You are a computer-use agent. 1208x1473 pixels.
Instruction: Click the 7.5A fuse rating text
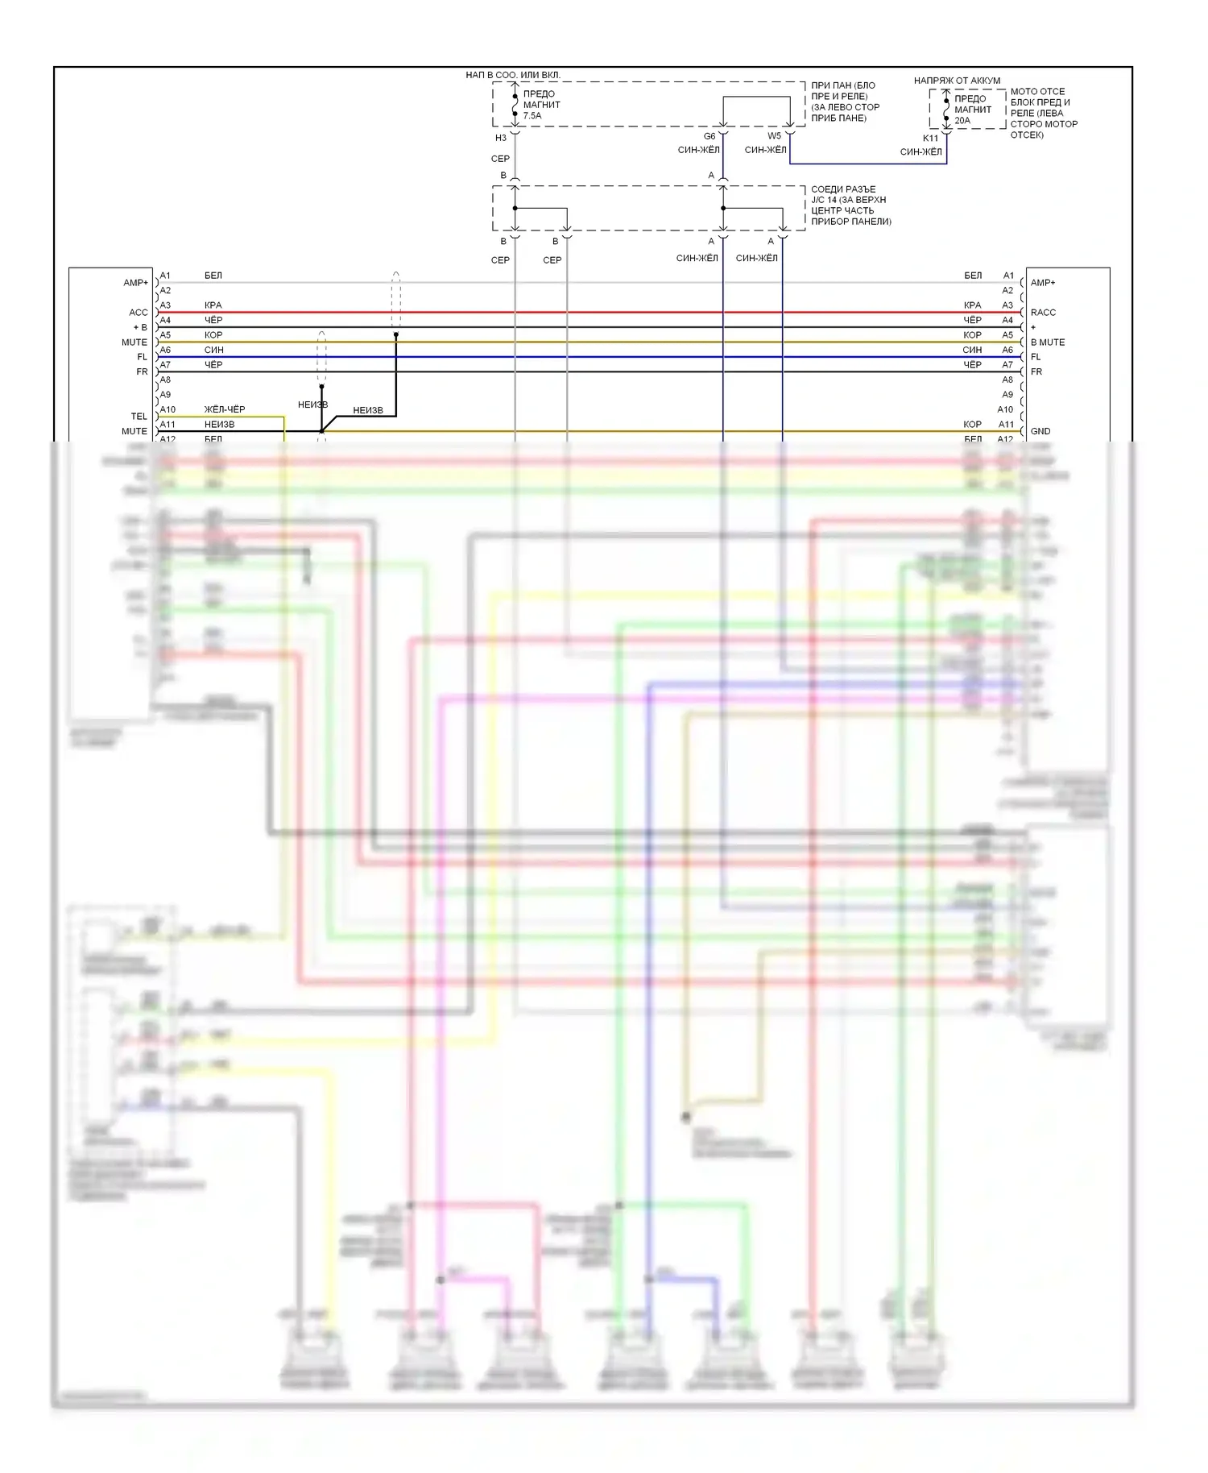pyautogui.click(x=532, y=116)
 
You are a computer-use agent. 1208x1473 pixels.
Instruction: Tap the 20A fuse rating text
pyautogui.click(x=962, y=121)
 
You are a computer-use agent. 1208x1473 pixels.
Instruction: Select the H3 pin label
pyautogui.click(x=501, y=138)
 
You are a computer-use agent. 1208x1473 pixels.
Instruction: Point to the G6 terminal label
pyautogui.click(x=709, y=136)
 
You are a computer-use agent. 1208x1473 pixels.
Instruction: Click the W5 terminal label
pyautogui.click(x=774, y=135)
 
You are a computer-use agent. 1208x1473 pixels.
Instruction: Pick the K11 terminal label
pyautogui.click(x=930, y=139)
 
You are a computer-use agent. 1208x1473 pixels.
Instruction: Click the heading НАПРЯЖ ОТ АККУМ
pyautogui.click(x=957, y=81)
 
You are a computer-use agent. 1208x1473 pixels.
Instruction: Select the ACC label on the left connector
pyautogui.click(x=139, y=313)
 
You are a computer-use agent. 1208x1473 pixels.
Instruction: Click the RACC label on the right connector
pyautogui.click(x=1043, y=313)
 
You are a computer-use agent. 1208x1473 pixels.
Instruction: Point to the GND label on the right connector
pyautogui.click(x=1040, y=431)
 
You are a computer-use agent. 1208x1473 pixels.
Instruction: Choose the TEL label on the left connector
pyautogui.click(x=139, y=417)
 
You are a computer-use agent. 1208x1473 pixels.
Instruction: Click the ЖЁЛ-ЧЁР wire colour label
pyautogui.click(x=224, y=409)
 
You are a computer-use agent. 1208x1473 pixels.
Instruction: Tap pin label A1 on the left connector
pyautogui.click(x=165, y=276)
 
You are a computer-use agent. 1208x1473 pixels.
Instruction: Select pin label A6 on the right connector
pyautogui.click(x=1007, y=350)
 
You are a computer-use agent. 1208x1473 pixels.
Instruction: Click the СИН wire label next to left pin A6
pyautogui.click(x=213, y=350)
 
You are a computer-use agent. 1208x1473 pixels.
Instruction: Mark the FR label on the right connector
pyautogui.click(x=1036, y=371)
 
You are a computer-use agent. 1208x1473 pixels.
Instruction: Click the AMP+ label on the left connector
pyautogui.click(x=135, y=283)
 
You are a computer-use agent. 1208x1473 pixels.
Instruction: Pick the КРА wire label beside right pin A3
pyautogui.click(x=973, y=305)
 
